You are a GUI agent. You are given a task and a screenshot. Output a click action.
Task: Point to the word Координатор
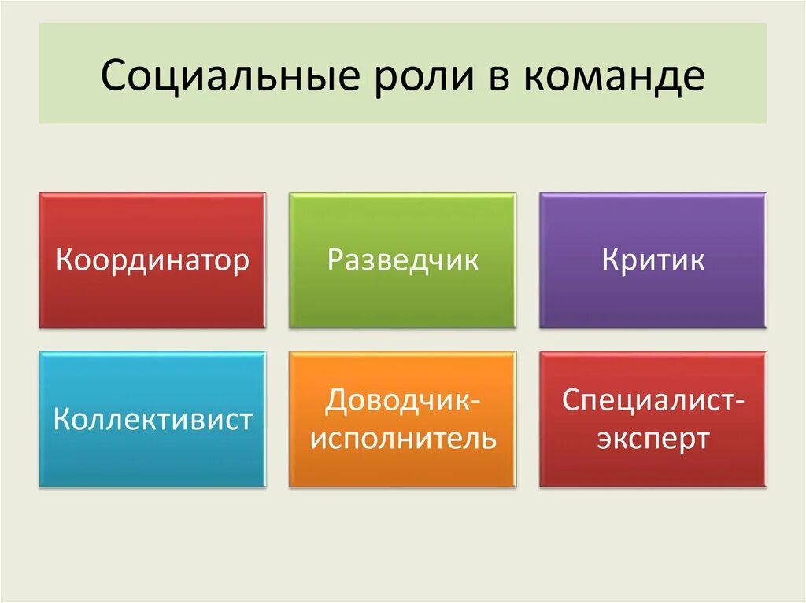pos(152,260)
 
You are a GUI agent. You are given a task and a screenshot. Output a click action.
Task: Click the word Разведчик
pos(402,260)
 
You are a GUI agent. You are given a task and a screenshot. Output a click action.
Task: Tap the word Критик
pos(653,260)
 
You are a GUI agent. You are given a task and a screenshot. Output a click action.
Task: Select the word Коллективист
pos(152,418)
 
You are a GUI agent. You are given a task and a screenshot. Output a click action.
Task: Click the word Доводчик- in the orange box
pos(402,401)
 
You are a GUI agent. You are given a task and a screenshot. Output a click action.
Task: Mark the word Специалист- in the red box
pos(653,401)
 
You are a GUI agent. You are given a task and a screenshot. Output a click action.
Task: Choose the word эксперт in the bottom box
pos(653,438)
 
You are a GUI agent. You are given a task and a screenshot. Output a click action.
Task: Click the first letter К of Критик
pos(612,260)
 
